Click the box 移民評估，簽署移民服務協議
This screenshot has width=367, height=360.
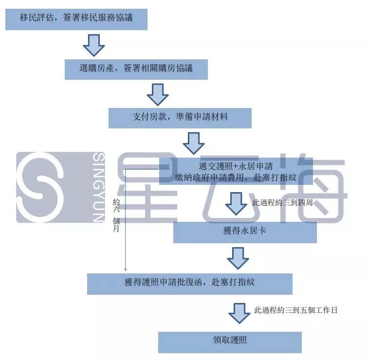[x=76, y=19]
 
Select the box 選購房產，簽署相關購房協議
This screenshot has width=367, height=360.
[x=136, y=69]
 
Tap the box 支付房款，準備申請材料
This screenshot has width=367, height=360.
[x=180, y=117]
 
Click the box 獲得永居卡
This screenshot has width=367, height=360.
[x=245, y=232]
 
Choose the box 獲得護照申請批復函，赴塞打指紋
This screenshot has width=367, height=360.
[x=190, y=283]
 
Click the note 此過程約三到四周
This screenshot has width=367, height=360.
[x=277, y=202]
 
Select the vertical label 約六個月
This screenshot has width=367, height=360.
[x=116, y=215]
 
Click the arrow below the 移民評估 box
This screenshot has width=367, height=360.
[x=93, y=45]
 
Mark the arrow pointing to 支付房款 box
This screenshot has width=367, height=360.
[x=158, y=94]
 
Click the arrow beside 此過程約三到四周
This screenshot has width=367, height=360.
[x=236, y=203]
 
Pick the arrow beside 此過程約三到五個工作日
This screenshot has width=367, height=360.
[x=239, y=312]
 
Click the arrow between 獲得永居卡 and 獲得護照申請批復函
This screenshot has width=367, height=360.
[x=238, y=258]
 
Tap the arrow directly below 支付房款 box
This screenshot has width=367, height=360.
[x=194, y=143]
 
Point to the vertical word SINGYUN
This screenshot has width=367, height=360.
[x=98, y=187]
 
